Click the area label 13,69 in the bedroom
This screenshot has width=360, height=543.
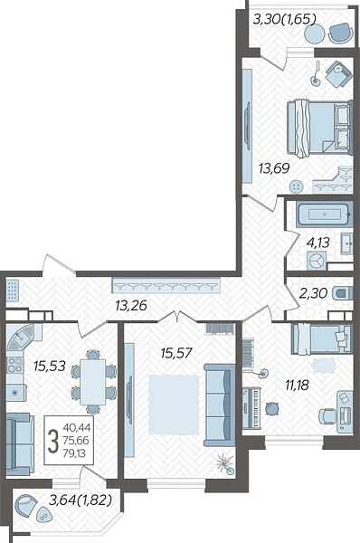click(274, 168)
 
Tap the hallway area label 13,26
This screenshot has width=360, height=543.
click(131, 306)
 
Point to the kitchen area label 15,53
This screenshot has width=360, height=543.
click(50, 366)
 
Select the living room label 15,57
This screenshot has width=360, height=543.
click(175, 353)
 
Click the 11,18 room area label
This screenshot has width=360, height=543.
click(297, 385)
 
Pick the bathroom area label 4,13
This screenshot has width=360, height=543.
click(317, 243)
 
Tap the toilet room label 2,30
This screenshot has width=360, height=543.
click(313, 293)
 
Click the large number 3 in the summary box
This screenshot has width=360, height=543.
click(53, 440)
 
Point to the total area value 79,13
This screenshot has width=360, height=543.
click(76, 452)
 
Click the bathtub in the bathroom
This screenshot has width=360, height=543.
click(324, 214)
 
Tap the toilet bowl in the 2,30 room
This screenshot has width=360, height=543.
click(343, 293)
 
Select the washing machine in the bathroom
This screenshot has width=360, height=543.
click(317, 261)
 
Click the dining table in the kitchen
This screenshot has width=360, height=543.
click(92, 382)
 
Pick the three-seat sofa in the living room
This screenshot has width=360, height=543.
click(220, 405)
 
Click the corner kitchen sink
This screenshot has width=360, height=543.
click(21, 337)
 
